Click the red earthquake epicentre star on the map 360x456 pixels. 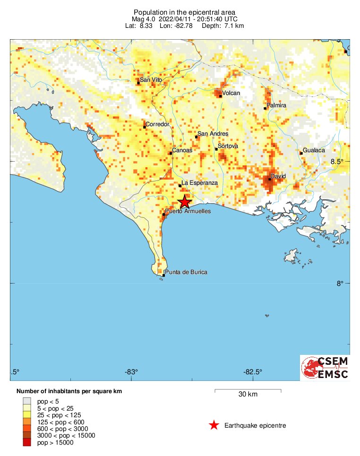pyautogui.click(x=185, y=202)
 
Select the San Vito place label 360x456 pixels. pyautogui.click(x=151, y=80)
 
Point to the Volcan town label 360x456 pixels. pyautogui.click(x=231, y=93)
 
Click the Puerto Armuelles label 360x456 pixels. pyautogui.click(x=188, y=211)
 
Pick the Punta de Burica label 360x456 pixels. pyautogui.click(x=186, y=272)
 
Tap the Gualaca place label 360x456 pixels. pyautogui.click(x=314, y=150)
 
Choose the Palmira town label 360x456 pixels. pyautogui.click(x=277, y=105)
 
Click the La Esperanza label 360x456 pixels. pyautogui.click(x=199, y=182)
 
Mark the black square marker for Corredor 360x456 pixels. pyautogui.click(x=145, y=127)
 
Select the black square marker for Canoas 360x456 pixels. pyautogui.click(x=171, y=153)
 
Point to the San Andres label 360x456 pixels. pyautogui.click(x=213, y=134)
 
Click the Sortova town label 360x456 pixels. pyautogui.click(x=228, y=146)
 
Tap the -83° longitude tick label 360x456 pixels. pyautogui.click(x=131, y=371)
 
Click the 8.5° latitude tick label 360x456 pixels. pyautogui.click(x=337, y=162)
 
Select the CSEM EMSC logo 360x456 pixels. pyautogui.click(x=326, y=368)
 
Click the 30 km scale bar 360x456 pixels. pyautogui.click(x=248, y=391)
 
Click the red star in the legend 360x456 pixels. pyautogui.click(x=214, y=425)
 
